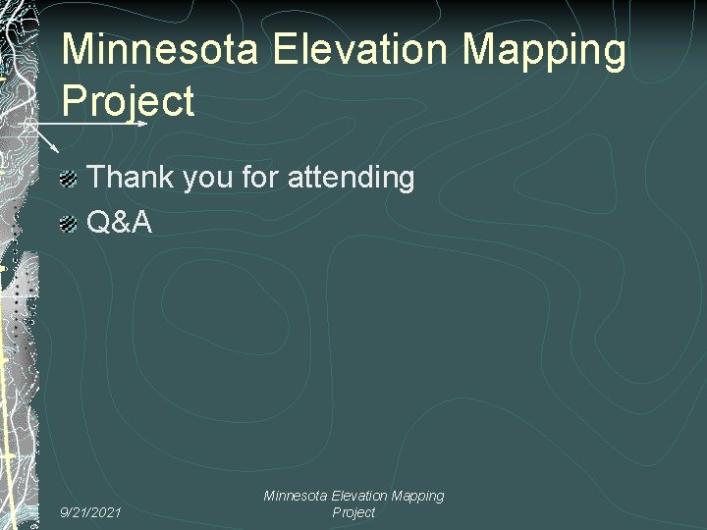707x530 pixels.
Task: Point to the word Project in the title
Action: (129, 102)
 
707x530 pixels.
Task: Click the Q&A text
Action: (120, 223)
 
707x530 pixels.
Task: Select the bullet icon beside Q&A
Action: (67, 225)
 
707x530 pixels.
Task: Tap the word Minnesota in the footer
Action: (296, 497)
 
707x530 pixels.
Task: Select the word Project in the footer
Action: (353, 513)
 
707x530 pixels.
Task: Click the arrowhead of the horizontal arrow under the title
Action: (142, 124)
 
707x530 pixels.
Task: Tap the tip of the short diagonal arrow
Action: (59, 150)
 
